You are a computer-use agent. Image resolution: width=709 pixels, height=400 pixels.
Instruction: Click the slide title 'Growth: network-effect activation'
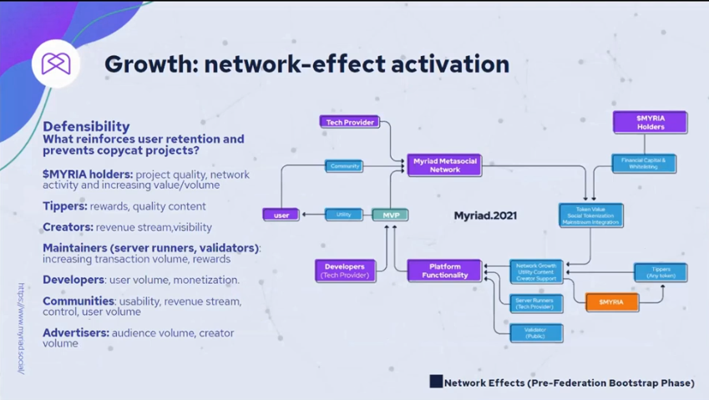click(306, 64)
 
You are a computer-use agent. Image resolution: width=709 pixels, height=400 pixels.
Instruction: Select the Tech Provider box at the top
click(349, 122)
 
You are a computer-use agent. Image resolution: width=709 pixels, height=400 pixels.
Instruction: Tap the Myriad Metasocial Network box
click(444, 165)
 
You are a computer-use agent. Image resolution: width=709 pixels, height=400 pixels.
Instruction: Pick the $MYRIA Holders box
click(650, 123)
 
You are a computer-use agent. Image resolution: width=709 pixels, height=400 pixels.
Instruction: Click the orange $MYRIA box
click(611, 302)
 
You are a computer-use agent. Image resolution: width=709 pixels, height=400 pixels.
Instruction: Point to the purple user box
click(281, 215)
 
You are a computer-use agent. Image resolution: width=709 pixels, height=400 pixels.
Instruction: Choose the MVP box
click(389, 215)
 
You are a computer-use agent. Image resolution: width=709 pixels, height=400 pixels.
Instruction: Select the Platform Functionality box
click(444, 270)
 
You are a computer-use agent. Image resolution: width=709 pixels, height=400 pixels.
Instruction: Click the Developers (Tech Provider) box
click(346, 270)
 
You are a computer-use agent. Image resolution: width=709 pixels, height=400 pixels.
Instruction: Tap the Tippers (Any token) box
click(661, 272)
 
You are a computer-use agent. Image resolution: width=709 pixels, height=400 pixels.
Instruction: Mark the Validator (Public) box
click(535, 333)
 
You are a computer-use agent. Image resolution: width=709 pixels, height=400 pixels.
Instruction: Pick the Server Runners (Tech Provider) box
click(535, 302)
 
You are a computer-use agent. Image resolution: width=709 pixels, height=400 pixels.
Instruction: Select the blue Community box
click(344, 166)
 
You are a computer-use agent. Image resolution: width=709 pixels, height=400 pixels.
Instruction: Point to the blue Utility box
click(343, 215)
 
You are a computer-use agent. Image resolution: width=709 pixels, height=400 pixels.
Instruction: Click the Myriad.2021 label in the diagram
click(485, 215)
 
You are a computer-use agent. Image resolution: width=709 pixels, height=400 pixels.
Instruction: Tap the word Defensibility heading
click(86, 127)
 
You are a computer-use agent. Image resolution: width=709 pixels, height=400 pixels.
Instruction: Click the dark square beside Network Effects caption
click(436, 382)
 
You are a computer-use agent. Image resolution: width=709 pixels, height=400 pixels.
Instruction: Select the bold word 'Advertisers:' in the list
click(75, 332)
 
